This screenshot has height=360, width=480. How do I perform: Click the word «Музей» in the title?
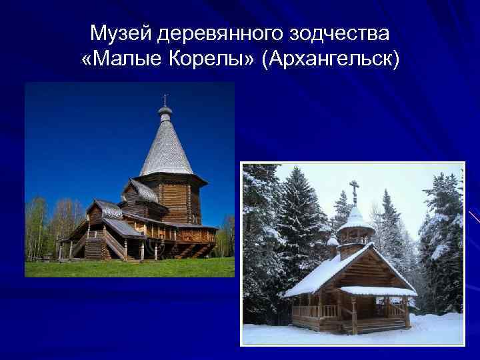pos(117,33)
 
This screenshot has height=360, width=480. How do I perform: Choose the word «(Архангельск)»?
pos(331,60)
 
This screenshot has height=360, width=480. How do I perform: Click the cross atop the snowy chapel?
pos(354,189)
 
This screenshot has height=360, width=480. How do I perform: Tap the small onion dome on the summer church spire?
pos(165,109)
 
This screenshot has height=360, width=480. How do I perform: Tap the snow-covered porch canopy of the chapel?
pos(377,291)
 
